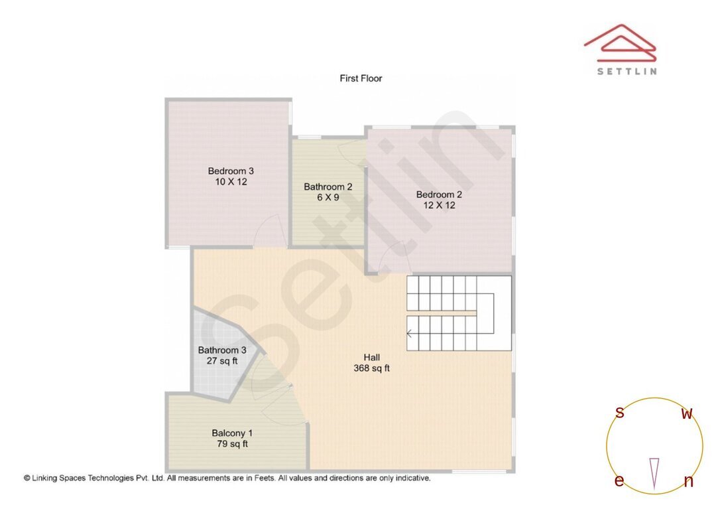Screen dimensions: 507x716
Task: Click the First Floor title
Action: coord(361,78)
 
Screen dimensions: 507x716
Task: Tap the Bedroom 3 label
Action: coord(231,171)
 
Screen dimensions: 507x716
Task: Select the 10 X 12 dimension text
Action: coord(231,181)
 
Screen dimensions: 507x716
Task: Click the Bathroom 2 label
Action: coord(328,186)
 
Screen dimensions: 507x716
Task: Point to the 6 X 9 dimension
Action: coord(328,197)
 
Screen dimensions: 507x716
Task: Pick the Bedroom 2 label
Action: coord(439,194)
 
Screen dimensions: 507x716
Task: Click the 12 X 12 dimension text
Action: coord(439,205)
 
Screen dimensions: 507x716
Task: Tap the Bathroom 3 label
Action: coord(222,350)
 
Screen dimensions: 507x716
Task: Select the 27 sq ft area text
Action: coord(222,361)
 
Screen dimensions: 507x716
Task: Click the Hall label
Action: coord(371,357)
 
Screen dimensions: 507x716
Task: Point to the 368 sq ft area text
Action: coord(371,368)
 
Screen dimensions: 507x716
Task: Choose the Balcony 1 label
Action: coord(232,433)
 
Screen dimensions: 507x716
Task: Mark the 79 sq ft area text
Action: coord(232,444)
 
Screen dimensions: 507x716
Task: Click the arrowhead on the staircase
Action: coord(410,334)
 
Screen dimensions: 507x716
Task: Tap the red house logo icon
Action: coord(621,42)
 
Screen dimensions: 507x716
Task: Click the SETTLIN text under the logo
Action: coord(626,71)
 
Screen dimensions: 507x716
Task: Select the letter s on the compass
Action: coord(620,413)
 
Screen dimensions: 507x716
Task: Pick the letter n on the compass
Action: coord(688,482)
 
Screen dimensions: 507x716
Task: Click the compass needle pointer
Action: coord(654,472)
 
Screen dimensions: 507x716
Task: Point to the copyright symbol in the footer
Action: coord(27,478)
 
